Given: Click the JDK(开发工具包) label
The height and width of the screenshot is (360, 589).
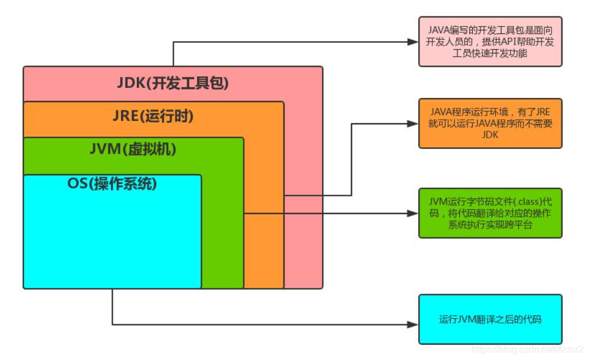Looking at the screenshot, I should pyautogui.click(x=172, y=83).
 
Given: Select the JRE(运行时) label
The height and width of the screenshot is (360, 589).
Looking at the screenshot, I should pyautogui.click(x=153, y=116).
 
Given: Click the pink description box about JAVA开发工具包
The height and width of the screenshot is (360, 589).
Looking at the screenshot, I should pyautogui.click(x=490, y=42).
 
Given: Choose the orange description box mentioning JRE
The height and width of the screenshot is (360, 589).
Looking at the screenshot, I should pyautogui.click(x=490, y=123).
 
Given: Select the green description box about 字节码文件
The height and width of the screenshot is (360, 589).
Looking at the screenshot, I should pyautogui.click(x=490, y=213).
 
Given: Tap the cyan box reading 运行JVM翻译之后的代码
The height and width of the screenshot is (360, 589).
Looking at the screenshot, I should pyautogui.click(x=490, y=320).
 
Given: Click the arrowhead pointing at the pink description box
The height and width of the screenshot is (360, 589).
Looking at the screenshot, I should pyautogui.click(x=411, y=42).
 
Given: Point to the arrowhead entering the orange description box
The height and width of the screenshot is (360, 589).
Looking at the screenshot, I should pyautogui.click(x=411, y=123).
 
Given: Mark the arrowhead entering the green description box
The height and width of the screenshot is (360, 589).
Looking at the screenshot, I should pyautogui.click(x=411, y=213).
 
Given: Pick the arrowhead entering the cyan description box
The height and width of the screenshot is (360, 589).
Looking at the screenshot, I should pyautogui.click(x=411, y=324).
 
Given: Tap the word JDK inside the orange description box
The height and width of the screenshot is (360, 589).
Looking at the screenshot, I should pyautogui.click(x=490, y=134).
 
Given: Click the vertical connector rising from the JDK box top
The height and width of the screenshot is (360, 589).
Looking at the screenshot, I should pyautogui.click(x=173, y=54).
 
